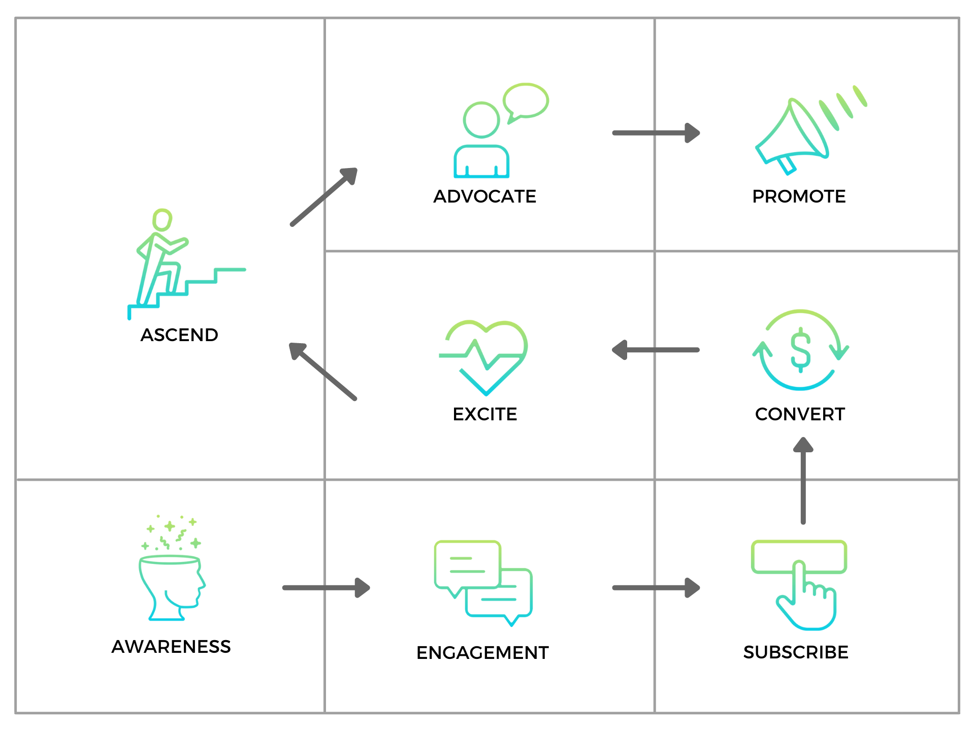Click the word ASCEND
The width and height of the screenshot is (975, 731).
pos(179,335)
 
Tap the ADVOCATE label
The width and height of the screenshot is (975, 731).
pos(484,196)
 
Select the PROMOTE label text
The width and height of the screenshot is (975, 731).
pos(799,196)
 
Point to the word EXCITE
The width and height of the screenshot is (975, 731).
pos(484,414)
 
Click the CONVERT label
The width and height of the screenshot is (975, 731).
pos(800,414)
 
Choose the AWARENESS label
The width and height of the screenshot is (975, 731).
pos(171,647)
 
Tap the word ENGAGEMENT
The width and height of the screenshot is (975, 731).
pos(482,653)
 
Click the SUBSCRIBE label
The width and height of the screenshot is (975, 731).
pos(796,652)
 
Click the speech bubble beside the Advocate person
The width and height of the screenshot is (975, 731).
pos(526,102)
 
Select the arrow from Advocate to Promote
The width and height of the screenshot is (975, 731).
pos(656,133)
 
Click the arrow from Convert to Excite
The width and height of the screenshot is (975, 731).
pos(656,350)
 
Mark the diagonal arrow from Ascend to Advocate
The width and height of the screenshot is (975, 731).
pos(324,196)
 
